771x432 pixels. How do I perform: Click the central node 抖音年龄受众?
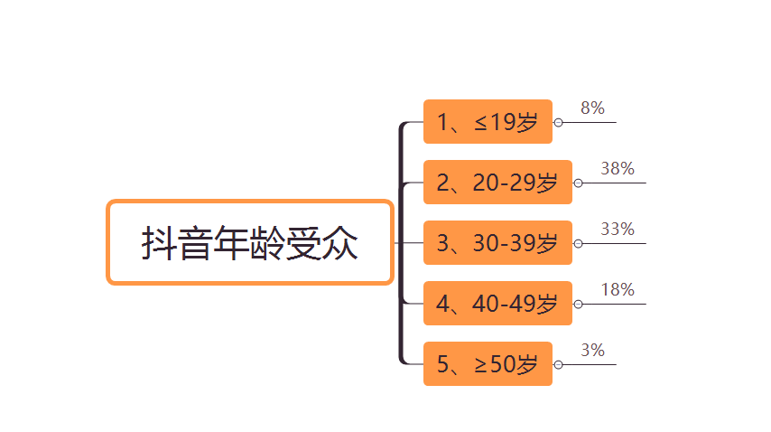[250, 242]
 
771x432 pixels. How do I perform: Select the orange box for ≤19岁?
[488, 122]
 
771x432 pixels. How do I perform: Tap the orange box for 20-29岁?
[497, 183]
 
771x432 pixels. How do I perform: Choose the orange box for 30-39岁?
[497, 243]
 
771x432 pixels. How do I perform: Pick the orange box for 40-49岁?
[497, 304]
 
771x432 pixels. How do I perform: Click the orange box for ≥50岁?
[488, 364]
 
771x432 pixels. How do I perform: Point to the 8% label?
[592, 108]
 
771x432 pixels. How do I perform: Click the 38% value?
[618, 169]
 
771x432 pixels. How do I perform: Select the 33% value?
[618, 230]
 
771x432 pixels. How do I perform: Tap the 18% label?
[618, 290]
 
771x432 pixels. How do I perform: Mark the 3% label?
[592, 351]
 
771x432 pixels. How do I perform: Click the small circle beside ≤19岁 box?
[558, 122]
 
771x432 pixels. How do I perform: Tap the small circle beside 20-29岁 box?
[578, 183]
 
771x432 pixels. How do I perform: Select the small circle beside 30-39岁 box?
[578, 243]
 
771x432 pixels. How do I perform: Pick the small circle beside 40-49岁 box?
[578, 304]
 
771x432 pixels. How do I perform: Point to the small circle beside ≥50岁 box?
[558, 364]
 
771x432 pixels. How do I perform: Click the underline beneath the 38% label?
[618, 183]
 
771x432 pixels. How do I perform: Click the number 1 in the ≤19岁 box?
[443, 122]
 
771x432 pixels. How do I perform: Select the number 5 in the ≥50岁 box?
[443, 364]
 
